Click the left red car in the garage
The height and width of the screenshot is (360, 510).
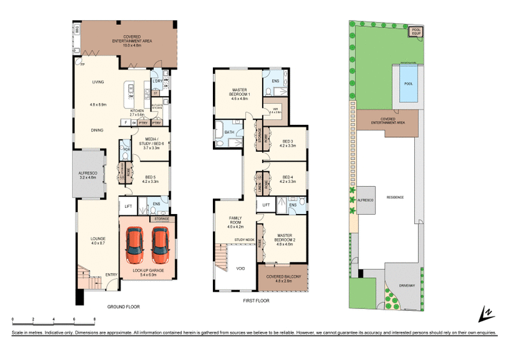point(136,247)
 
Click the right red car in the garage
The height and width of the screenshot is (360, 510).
point(160,247)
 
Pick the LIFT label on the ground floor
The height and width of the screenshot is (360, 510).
point(128,206)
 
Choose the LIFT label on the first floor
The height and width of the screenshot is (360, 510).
point(265,204)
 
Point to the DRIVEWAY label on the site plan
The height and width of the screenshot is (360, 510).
point(405,285)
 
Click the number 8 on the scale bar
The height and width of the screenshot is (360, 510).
point(94,318)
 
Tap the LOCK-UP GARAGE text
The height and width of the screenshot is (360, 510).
point(148,271)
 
